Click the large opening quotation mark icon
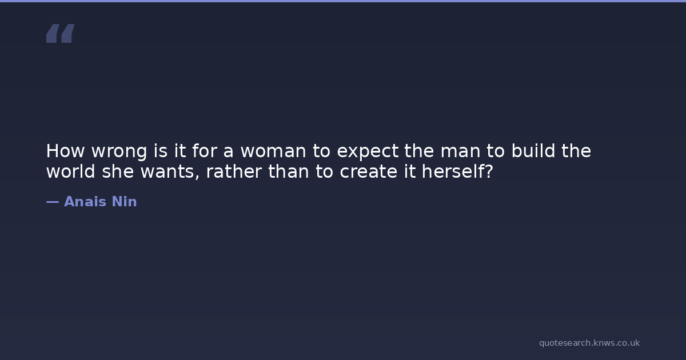point(61,33)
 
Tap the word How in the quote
point(65,151)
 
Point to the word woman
point(273,151)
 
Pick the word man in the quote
point(460,151)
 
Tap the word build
point(533,151)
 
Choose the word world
point(71,171)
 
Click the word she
point(118,171)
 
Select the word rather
point(234,171)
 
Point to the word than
point(289,171)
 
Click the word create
point(368,172)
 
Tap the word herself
point(453,171)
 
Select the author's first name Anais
point(85,201)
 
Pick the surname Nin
point(125,201)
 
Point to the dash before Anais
point(53,202)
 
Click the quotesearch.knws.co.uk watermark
point(589,343)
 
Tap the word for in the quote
point(205,151)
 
